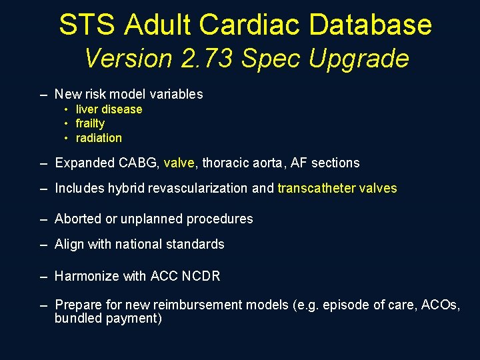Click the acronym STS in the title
[85, 25]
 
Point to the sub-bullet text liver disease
[109, 109]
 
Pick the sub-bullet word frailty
[90, 123]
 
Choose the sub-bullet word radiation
[99, 138]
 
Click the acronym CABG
[138, 163]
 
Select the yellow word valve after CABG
[179, 163]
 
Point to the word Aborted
[77, 219]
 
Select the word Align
[69, 244]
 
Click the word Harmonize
[85, 276]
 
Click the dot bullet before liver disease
[67, 109]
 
